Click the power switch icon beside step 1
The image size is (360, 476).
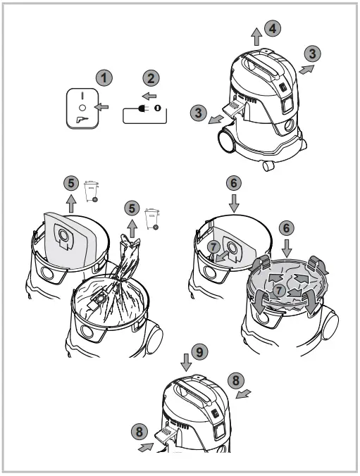point(81,108)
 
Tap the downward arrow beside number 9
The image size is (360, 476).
point(185,361)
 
